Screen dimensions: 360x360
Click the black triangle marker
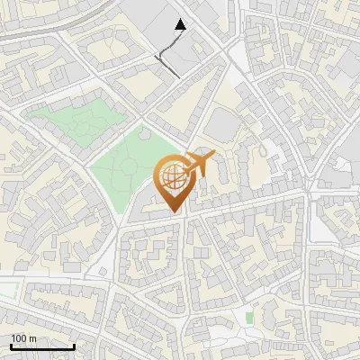click(x=180, y=25)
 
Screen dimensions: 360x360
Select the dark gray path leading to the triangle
click(x=168, y=49)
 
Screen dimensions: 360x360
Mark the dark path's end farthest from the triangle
click(x=177, y=76)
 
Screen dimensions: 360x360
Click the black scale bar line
click(x=42, y=347)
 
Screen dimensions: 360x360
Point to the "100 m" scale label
click(x=23, y=338)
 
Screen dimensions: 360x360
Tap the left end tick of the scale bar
click(x=11, y=346)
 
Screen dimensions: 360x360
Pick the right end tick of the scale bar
click(x=74, y=346)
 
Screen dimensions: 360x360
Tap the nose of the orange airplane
click(x=212, y=157)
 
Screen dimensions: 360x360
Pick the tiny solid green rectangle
click(x=249, y=318)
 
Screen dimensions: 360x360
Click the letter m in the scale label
click(x=32, y=338)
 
